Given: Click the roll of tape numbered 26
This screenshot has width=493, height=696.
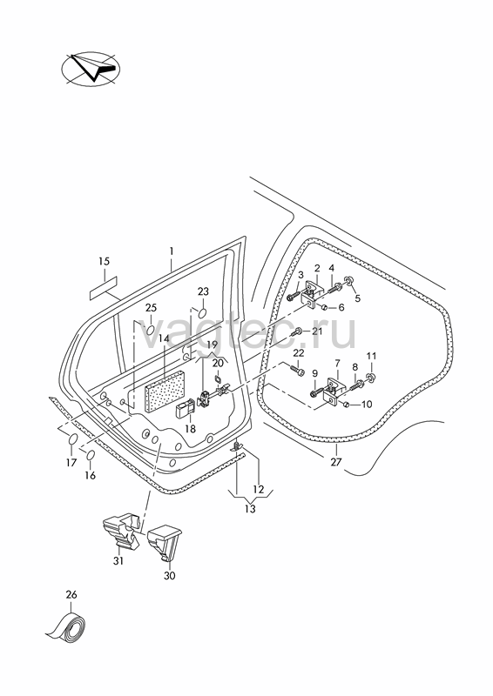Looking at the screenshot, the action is (x=67, y=626).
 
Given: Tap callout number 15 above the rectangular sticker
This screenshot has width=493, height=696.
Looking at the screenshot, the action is (x=104, y=262).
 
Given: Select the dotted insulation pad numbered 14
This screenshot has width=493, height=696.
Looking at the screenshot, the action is (x=165, y=390).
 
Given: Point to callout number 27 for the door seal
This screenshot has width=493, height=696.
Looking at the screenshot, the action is (x=336, y=462).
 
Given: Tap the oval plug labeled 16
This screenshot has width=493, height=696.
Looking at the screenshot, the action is (x=91, y=456).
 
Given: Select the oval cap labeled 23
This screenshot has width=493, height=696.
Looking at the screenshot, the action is (x=202, y=312).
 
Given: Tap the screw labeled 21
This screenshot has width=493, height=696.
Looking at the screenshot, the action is (x=297, y=331).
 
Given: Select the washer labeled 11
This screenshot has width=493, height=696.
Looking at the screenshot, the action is (x=371, y=378).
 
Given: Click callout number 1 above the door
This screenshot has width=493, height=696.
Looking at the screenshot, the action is (x=171, y=251).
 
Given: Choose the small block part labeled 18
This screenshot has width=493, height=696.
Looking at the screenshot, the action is (x=185, y=408).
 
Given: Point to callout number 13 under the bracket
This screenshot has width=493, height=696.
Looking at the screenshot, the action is (x=250, y=509).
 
